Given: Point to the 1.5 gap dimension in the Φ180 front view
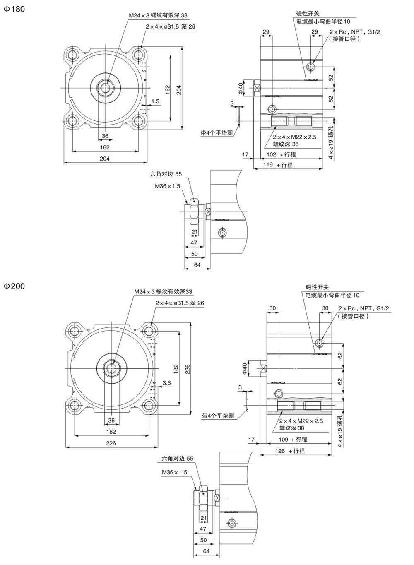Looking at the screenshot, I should pyautogui.click(x=155, y=101).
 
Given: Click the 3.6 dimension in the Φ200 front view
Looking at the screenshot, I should pyautogui.click(x=167, y=383).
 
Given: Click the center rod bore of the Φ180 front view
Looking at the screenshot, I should pyautogui.click(x=105, y=87).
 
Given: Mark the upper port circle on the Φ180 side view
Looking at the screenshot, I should pyautogui.click(x=311, y=66).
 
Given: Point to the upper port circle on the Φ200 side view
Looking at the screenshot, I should pyautogui.click(x=320, y=343).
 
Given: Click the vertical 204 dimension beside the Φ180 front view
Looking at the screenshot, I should pyautogui.click(x=179, y=89).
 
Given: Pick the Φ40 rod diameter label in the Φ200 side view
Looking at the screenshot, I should pyautogui.click(x=244, y=368).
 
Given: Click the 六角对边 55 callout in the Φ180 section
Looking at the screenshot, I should pyautogui.click(x=166, y=174).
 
